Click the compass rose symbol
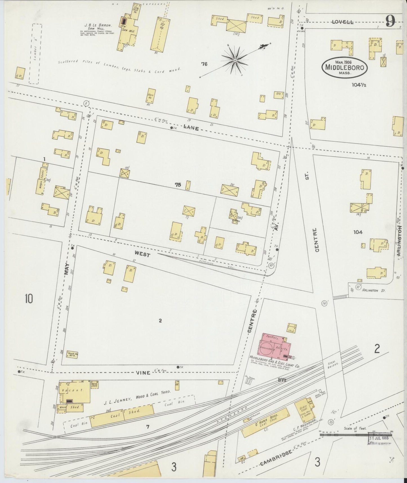pos(235,60)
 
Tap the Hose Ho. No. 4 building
pos(72,354)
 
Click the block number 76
pos(204,64)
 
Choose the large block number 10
pos(29,298)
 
